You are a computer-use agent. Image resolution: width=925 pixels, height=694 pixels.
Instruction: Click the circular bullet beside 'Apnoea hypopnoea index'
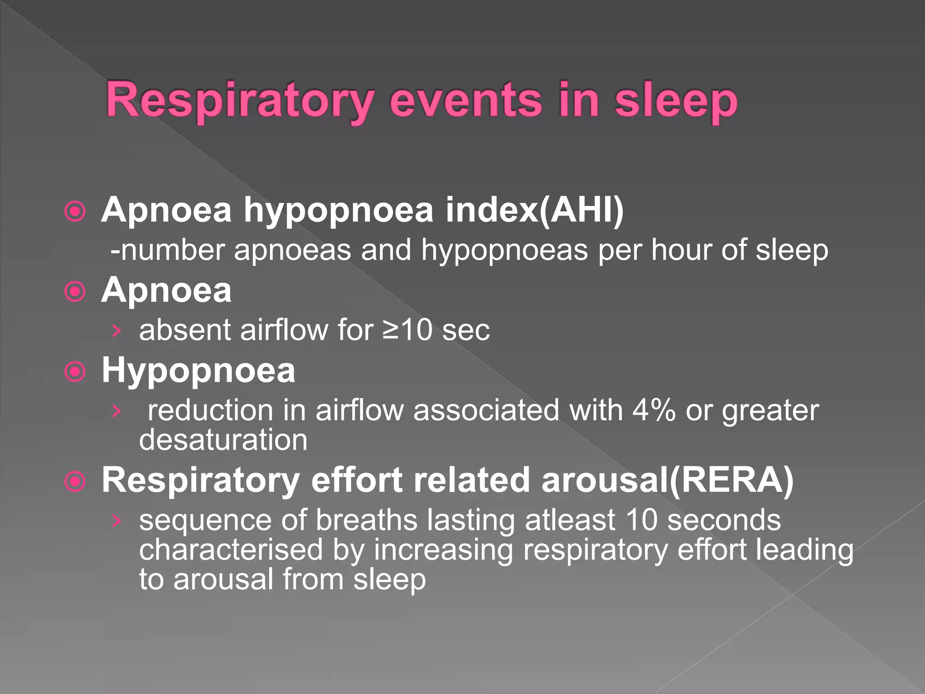pos(75,211)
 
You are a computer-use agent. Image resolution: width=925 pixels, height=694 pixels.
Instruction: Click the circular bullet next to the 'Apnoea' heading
pos(75,291)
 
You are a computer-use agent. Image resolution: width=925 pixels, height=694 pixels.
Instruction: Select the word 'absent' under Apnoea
pos(186,330)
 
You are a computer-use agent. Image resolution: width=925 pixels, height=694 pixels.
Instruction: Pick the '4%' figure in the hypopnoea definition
pos(654,410)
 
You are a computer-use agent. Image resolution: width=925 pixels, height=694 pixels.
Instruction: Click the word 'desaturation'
pos(223,440)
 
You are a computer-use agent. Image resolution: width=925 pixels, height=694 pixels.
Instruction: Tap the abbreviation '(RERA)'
pos(731,480)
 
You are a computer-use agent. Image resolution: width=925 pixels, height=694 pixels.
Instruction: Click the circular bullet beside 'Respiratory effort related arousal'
pos(75,482)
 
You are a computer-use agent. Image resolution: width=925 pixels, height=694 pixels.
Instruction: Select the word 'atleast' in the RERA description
pos(570,520)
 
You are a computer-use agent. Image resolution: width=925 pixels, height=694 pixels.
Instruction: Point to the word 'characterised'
pos(231,549)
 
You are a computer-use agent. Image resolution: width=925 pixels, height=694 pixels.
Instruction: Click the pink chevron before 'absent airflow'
pos(117,331)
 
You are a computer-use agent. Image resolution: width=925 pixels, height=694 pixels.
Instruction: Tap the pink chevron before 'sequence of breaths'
pos(117,521)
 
